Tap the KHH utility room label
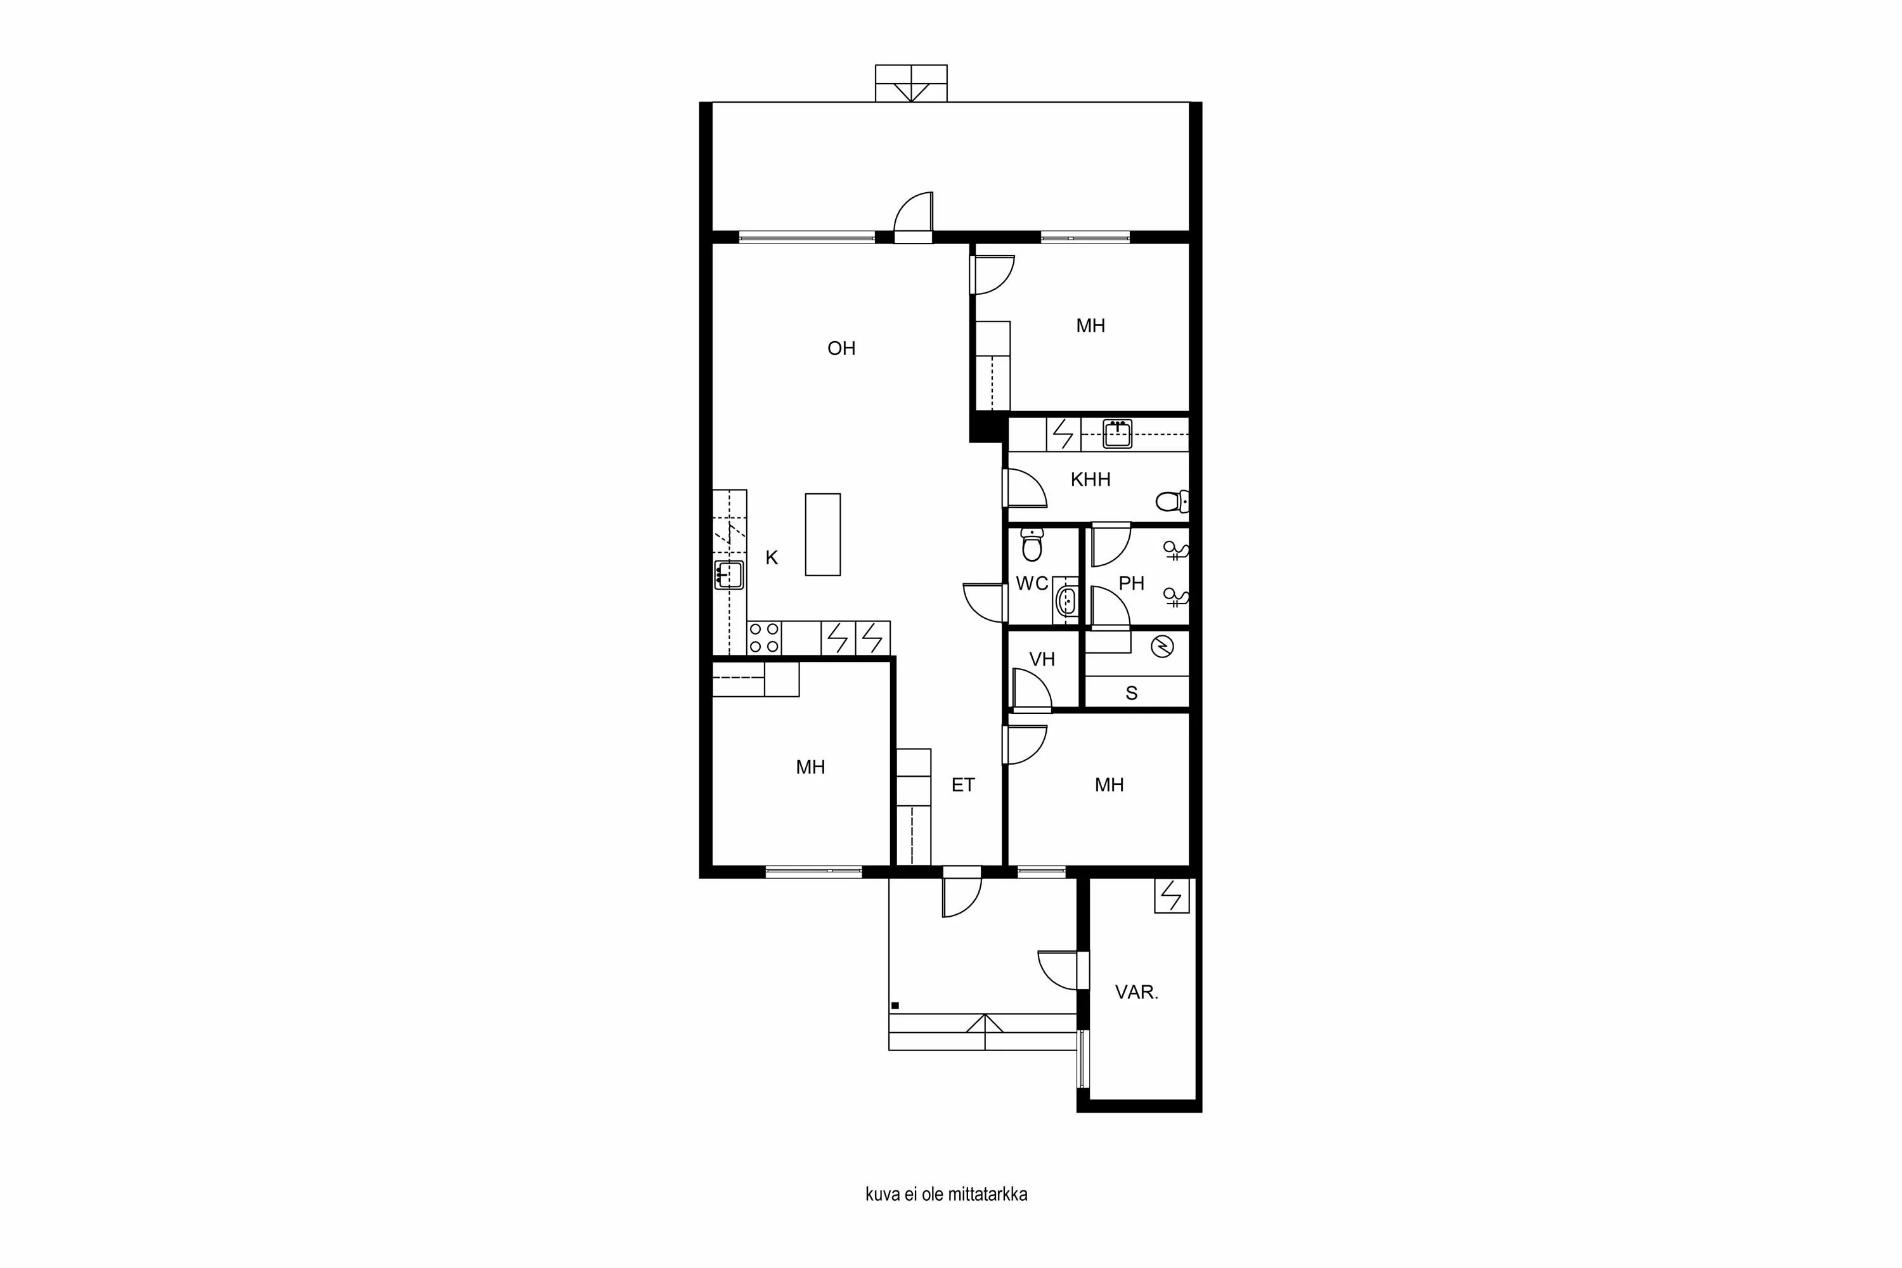(x=1090, y=479)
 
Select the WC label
(x=1031, y=584)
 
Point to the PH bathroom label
(x=1131, y=583)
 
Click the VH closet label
(x=1042, y=659)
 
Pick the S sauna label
(x=1131, y=693)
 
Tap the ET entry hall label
(x=962, y=784)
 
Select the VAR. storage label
(x=1136, y=992)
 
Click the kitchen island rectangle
(x=822, y=534)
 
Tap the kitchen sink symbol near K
(x=728, y=574)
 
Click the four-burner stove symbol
(x=763, y=637)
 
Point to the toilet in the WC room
(x=1031, y=545)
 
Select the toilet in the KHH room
(x=1172, y=501)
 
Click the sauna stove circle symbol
(x=1162, y=646)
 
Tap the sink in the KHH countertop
(x=1116, y=434)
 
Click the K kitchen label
(x=772, y=557)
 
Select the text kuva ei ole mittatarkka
(x=946, y=1194)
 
